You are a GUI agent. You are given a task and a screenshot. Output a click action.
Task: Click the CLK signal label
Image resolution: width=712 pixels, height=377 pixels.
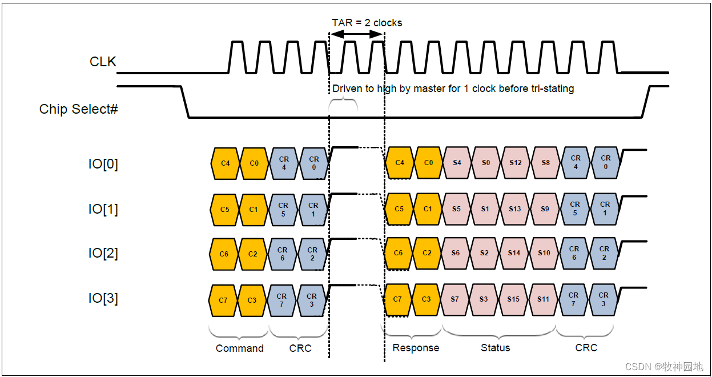[x=103, y=62]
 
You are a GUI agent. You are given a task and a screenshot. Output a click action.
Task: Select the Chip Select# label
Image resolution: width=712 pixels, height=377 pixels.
[x=78, y=109]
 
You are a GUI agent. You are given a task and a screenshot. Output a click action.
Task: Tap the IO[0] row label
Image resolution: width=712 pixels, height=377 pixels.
[x=103, y=164]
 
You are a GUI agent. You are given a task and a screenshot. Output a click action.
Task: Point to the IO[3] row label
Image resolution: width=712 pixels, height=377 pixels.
[x=103, y=298]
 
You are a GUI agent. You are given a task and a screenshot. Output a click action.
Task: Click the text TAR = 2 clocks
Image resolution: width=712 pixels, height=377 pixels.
[x=367, y=23]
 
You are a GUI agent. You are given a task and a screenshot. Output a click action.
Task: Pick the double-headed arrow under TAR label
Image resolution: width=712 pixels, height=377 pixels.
[x=357, y=35]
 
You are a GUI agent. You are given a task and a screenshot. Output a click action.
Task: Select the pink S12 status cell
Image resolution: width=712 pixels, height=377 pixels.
[x=516, y=163]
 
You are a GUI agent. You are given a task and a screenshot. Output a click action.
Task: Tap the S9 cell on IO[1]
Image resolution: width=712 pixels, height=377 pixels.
[x=545, y=209]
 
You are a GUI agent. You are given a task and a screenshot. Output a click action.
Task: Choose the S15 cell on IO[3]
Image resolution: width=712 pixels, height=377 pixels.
[x=513, y=299]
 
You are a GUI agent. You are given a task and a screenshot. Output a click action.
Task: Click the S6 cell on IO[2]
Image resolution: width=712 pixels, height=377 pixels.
[x=455, y=253]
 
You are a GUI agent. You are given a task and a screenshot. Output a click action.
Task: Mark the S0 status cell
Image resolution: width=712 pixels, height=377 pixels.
[x=486, y=163]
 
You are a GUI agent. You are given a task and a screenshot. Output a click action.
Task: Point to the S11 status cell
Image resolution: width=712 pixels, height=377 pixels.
[x=543, y=299]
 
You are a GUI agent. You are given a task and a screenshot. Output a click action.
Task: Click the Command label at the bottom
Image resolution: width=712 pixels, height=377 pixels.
[x=239, y=348]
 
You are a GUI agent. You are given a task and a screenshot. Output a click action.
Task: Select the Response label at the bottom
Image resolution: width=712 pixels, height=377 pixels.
[x=416, y=348]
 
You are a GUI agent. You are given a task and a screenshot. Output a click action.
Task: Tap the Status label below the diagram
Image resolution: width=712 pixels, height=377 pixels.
[x=495, y=348]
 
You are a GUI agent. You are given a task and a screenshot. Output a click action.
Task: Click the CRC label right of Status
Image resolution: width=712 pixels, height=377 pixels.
[x=586, y=348]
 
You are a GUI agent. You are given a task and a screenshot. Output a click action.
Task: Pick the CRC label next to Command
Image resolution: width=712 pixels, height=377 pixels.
[x=300, y=348]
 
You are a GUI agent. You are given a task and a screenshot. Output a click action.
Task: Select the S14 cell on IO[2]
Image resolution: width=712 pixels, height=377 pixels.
[x=514, y=253]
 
